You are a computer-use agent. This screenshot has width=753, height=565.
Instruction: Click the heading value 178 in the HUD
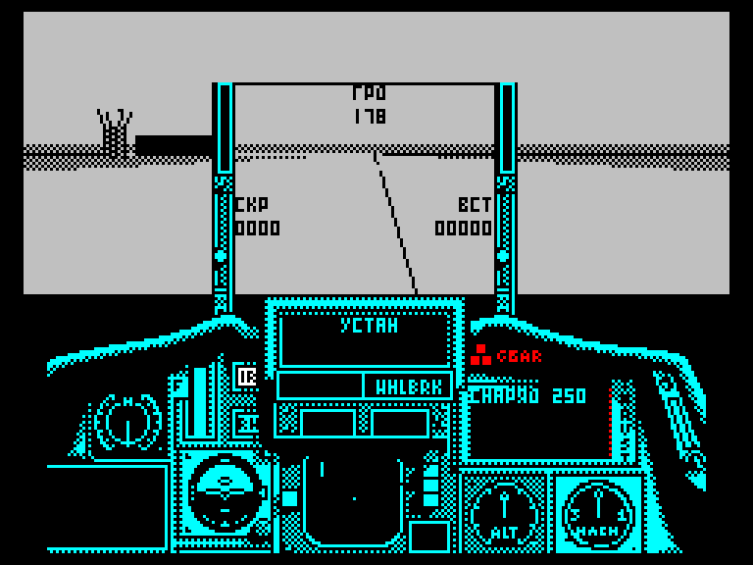coord(370,117)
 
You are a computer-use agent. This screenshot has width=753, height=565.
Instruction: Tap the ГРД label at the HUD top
coord(370,94)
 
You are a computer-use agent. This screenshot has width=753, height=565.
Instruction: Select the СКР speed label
coord(251,205)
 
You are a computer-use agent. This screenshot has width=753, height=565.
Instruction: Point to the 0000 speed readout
coord(257,229)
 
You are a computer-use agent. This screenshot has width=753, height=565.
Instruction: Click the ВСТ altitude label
coord(475,205)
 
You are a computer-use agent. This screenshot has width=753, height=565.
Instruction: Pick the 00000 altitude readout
coord(464,229)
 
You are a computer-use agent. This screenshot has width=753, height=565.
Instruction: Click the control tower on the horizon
coord(115,133)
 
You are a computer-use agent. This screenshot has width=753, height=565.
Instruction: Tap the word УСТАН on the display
coord(369,327)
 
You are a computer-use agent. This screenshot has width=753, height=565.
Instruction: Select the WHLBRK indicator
coord(408,387)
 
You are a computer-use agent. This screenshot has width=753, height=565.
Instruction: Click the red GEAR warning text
coord(519,357)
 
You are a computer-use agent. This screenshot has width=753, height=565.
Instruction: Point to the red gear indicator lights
coord(479,355)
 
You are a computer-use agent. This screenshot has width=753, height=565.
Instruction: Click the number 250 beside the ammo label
coord(569,396)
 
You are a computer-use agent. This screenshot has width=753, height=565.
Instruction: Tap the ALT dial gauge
coord(504,511)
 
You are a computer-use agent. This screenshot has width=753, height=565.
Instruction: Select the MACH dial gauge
coord(597,511)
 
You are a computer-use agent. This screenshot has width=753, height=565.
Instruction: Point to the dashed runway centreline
coord(395,224)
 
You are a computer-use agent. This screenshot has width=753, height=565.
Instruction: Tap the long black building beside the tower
coord(174,145)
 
